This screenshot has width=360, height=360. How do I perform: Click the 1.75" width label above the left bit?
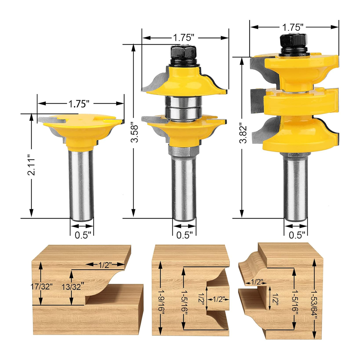[80, 104]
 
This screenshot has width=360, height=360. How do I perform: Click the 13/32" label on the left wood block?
[71, 286]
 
